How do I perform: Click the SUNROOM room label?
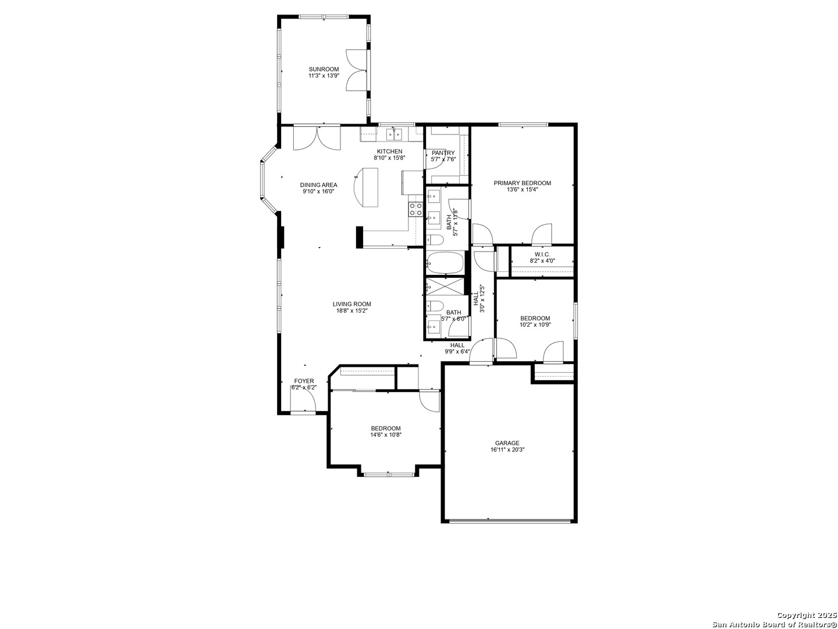[324, 69]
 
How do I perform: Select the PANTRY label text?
[443, 153]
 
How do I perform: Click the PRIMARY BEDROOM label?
[522, 183]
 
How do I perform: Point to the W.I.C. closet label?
[542, 255]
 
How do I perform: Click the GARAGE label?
[507, 443]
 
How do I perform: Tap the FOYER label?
[304, 381]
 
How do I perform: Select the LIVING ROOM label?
[351, 304]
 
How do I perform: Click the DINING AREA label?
[318, 185]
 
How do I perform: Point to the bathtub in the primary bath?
[445, 263]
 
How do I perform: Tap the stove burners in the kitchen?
[416, 209]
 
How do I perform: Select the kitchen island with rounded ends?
[368, 186]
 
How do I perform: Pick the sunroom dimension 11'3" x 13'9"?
[324, 76]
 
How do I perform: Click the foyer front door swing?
[303, 401]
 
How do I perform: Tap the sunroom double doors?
[356, 70]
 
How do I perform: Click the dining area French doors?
[317, 138]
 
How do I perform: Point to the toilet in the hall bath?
[435, 306]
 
